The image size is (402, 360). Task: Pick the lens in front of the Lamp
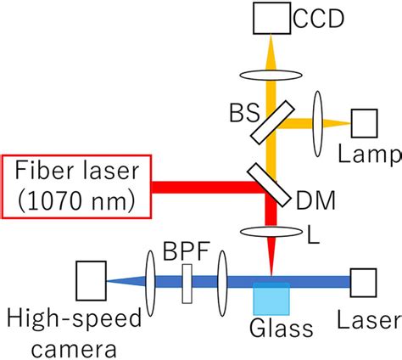pos(319,123)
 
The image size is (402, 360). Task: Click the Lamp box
pos(366,123)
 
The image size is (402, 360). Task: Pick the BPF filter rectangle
pos(187,281)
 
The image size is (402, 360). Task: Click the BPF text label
pos(187,251)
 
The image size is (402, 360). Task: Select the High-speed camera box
pos(90,281)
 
